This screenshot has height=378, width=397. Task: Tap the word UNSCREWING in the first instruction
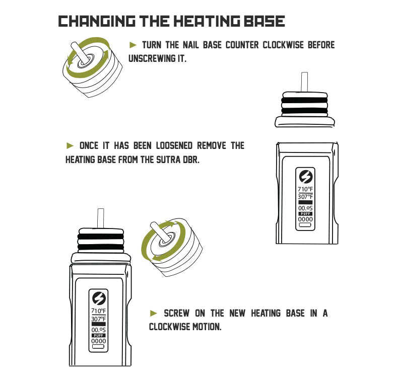(x=152, y=58)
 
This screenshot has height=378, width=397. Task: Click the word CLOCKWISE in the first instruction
(x=283, y=45)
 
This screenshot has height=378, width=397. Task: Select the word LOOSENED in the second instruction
(x=174, y=146)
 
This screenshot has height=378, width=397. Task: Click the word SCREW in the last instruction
(x=176, y=313)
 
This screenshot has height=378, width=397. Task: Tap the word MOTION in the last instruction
(x=207, y=327)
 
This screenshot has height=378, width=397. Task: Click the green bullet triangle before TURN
(x=133, y=45)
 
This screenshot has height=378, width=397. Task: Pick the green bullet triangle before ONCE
(x=70, y=146)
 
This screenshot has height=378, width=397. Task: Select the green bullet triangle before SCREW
(x=154, y=313)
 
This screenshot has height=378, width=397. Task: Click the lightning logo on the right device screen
(x=306, y=177)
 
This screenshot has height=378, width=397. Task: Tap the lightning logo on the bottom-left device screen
(x=98, y=298)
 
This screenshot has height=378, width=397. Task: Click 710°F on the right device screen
(x=305, y=189)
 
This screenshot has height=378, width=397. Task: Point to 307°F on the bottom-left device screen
(x=98, y=319)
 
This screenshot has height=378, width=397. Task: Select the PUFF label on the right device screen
(x=305, y=214)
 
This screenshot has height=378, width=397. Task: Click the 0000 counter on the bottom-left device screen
(x=98, y=341)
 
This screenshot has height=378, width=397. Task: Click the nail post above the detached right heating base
(x=304, y=82)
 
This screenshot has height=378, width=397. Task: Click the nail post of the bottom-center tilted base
(x=159, y=232)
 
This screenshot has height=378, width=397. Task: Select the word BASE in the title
(x=264, y=21)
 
